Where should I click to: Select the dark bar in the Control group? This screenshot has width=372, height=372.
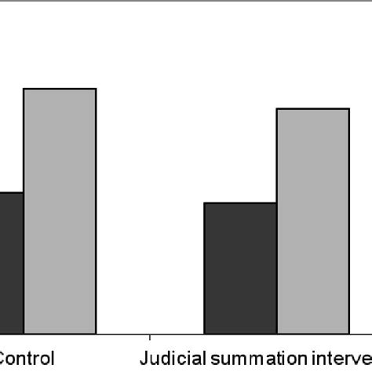(x=11, y=262)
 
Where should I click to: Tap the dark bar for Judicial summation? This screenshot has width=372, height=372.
(x=240, y=268)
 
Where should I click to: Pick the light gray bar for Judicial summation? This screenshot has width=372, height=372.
(x=312, y=221)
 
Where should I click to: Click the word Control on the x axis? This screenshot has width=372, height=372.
(x=27, y=359)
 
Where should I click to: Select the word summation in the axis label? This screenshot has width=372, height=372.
(x=253, y=359)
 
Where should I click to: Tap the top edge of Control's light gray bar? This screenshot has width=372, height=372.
(x=60, y=89)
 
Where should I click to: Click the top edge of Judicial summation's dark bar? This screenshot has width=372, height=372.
(x=240, y=202)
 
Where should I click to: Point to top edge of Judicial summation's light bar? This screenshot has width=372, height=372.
(x=312, y=109)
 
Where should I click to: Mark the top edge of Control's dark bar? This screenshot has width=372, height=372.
(x=11, y=192)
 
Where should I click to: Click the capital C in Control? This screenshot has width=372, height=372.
(x=5, y=359)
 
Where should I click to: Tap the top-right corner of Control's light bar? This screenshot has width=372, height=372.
(x=96, y=89)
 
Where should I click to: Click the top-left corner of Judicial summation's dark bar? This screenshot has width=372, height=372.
(x=204, y=202)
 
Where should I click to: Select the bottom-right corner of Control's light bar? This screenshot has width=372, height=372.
(x=96, y=333)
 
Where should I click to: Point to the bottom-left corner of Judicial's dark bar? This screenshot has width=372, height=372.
(x=204, y=333)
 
